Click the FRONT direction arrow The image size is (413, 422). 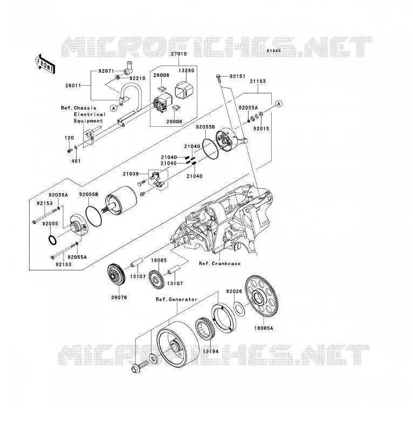coord(45,64)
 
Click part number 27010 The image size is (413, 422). coord(179,54)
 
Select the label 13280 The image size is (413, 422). coord(187,71)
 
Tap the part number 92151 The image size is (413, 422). coord(237,77)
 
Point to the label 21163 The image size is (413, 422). coord(258,81)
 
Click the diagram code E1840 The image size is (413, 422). coord(274,51)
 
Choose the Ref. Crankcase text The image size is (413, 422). coord(219,263)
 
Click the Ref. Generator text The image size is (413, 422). coord(177,300)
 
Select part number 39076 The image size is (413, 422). coord(119,297)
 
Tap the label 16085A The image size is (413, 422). coord(264,328)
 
